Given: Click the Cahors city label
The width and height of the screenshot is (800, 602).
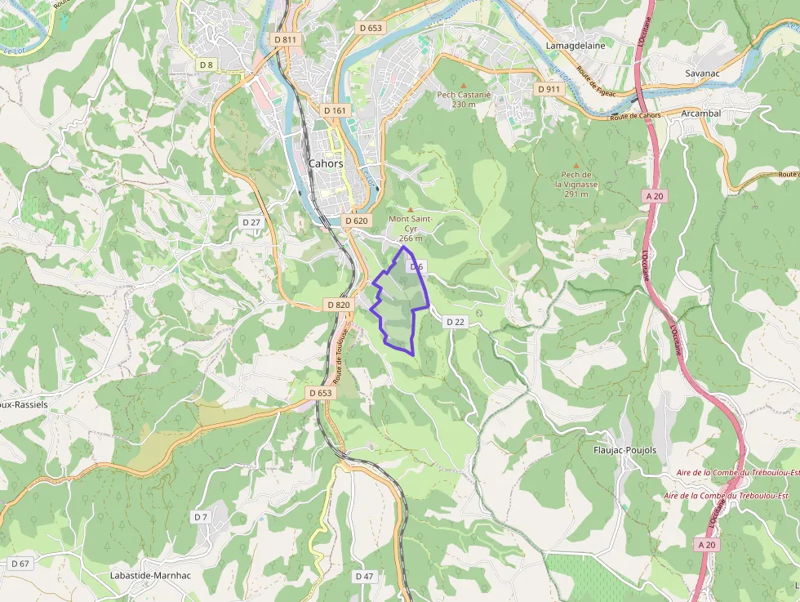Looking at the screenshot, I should (326, 163).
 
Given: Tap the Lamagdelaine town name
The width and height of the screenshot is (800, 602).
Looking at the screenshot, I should (576, 46).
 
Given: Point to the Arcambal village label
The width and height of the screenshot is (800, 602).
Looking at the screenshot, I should (700, 114).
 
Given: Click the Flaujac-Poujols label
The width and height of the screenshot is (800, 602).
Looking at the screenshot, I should (624, 450).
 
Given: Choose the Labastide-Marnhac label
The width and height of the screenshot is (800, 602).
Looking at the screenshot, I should (150, 575).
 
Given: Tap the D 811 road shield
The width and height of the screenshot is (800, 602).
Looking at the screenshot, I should (286, 38).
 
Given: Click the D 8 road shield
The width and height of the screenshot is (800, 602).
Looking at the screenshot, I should (206, 65).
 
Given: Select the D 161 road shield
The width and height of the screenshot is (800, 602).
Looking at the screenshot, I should (335, 110).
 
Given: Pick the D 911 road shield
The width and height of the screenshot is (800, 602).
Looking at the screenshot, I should (549, 88).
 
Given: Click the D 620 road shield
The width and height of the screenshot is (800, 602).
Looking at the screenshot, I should (357, 221).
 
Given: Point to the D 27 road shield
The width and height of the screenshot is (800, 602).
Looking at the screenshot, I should (251, 222).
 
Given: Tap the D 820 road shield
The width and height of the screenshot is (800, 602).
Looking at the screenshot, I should (338, 305).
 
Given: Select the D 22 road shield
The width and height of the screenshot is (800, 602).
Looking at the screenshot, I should (456, 322).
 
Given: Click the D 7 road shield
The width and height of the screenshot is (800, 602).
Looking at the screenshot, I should (201, 517).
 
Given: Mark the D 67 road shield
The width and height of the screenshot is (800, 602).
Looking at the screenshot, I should (20, 564).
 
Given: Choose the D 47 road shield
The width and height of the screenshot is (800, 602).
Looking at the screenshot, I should (364, 576).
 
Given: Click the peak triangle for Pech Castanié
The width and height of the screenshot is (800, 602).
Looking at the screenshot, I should (464, 85).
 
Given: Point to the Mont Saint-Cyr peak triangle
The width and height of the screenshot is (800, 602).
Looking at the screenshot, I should (410, 209).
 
